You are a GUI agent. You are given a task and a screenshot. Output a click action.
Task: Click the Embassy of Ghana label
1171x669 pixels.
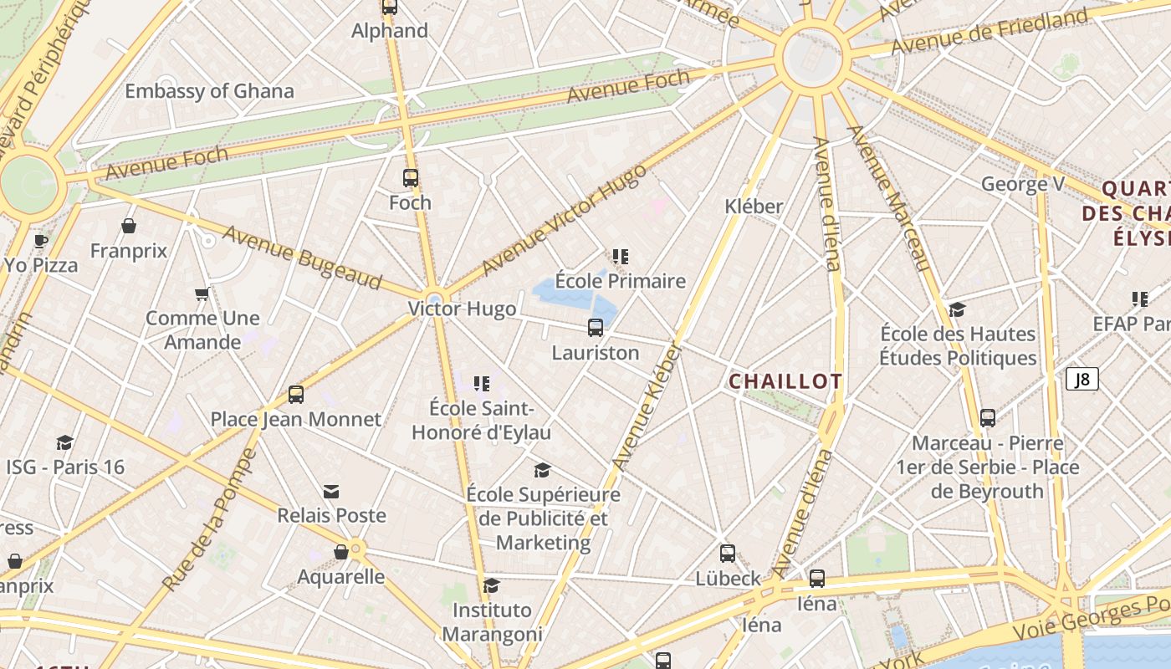click(x=209, y=91)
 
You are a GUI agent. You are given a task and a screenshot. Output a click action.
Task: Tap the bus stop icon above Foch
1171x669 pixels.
click(x=410, y=178)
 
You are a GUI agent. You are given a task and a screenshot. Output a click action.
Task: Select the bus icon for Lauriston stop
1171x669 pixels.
click(x=596, y=328)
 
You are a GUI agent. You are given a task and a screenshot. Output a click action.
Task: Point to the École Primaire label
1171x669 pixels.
click(x=621, y=281)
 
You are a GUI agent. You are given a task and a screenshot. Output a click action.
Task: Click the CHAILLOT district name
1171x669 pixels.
click(x=785, y=381)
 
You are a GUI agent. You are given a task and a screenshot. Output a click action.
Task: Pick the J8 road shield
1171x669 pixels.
click(x=1082, y=379)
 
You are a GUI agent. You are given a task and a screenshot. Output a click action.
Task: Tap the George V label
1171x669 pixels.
click(x=1015, y=184)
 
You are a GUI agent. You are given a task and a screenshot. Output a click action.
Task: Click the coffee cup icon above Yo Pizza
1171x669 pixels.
click(x=40, y=242)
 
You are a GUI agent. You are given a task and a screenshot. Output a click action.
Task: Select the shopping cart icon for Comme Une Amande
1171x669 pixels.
click(x=202, y=294)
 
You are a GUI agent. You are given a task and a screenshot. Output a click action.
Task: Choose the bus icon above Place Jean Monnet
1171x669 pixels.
click(x=295, y=395)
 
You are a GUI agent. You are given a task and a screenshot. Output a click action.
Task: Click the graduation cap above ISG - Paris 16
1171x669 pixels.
click(x=64, y=442)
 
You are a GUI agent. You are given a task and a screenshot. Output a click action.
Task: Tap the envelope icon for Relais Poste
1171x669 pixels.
click(x=331, y=491)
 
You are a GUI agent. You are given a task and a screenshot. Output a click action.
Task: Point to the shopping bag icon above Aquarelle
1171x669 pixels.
click(x=341, y=552)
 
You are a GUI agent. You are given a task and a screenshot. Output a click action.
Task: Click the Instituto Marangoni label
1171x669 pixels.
click(x=492, y=622)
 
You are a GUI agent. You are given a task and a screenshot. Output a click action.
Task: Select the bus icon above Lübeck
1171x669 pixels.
click(x=727, y=554)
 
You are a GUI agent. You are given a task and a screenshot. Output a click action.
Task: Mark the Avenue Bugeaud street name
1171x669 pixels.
click(x=302, y=258)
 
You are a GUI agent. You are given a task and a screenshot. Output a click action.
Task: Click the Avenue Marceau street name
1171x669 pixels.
click(x=888, y=198)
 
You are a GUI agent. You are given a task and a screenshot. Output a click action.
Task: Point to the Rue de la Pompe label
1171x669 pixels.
click(x=210, y=520)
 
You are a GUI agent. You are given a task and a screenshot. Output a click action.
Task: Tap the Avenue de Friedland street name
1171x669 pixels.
click(x=989, y=32)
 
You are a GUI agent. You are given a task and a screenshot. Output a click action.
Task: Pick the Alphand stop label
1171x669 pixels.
click(x=390, y=31)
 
